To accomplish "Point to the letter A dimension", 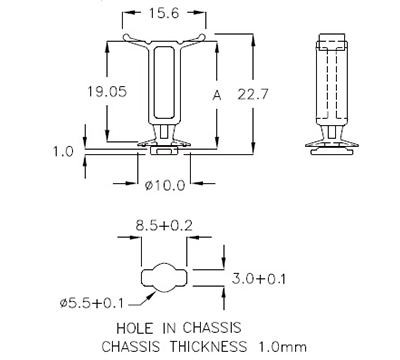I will pos(215,95).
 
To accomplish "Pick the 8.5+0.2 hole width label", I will pos(165,229).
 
